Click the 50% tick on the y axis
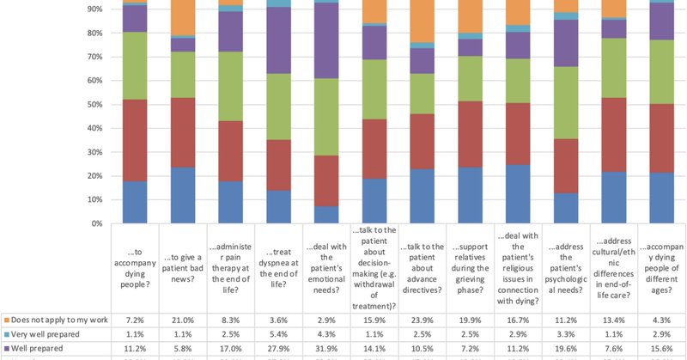(94, 105)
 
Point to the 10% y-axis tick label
(94, 200)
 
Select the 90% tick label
(94, 9)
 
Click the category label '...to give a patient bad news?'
(183, 261)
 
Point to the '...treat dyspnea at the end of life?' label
(277, 261)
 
